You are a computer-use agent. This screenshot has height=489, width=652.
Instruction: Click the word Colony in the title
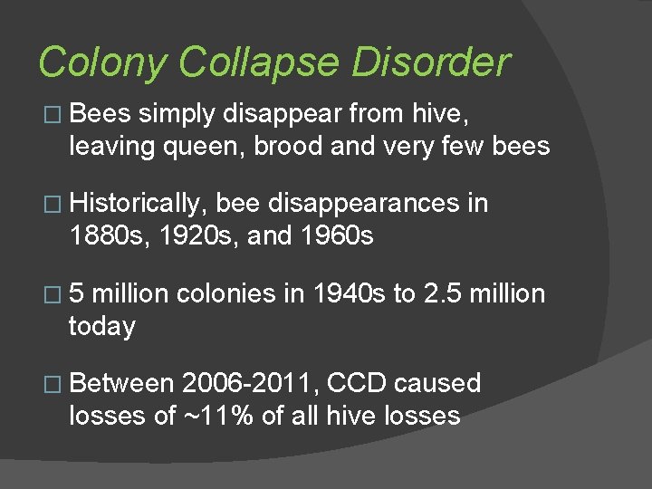click(x=102, y=63)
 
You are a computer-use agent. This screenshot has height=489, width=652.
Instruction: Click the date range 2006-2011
click(x=249, y=383)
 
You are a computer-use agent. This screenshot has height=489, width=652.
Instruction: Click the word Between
click(x=120, y=383)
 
